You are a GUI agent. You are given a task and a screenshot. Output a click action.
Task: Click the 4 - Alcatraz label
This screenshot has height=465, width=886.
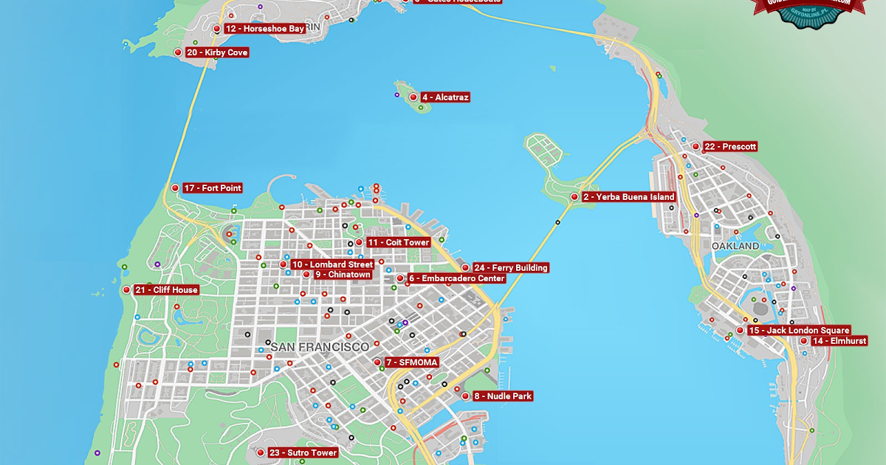click(x=445, y=97)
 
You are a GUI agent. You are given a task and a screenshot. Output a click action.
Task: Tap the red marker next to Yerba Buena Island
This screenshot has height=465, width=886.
click(x=574, y=197)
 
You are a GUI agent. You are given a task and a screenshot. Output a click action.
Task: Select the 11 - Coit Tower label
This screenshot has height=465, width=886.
click(x=398, y=242)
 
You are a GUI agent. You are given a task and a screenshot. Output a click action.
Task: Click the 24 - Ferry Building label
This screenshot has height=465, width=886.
click(x=511, y=268)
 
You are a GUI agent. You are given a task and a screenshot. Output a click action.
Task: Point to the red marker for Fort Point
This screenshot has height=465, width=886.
click(x=175, y=188)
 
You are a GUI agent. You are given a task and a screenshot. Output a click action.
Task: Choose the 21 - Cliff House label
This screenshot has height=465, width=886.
click(x=166, y=290)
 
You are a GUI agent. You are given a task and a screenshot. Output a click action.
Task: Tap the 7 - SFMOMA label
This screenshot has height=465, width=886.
click(x=412, y=362)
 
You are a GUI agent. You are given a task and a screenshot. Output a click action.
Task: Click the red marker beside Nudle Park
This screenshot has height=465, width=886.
click(x=465, y=396)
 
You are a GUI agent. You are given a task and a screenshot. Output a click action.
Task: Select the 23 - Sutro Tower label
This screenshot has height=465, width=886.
click(x=303, y=452)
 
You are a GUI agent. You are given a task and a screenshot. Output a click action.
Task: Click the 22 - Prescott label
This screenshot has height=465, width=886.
click(x=729, y=147)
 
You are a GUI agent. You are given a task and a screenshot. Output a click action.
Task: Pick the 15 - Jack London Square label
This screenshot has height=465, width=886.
click(x=798, y=331)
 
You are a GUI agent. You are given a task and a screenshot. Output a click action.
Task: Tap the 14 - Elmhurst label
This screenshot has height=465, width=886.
click(x=838, y=341)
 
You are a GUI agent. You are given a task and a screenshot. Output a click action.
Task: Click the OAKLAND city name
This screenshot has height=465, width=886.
click(x=735, y=245)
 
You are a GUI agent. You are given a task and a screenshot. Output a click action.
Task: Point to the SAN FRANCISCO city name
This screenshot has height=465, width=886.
click(x=320, y=346)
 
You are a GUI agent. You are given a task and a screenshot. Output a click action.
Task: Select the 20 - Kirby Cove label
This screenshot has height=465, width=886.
click(x=216, y=52)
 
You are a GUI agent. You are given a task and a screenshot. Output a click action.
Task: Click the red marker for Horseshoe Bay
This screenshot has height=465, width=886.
click(x=216, y=29)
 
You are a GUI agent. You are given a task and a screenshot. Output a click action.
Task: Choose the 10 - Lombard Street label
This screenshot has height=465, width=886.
click(x=332, y=264)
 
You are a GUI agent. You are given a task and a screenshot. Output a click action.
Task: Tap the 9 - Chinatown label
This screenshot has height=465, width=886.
click(x=342, y=275)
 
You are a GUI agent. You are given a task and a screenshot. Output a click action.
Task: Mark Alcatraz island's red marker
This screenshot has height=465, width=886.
click(x=413, y=97)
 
